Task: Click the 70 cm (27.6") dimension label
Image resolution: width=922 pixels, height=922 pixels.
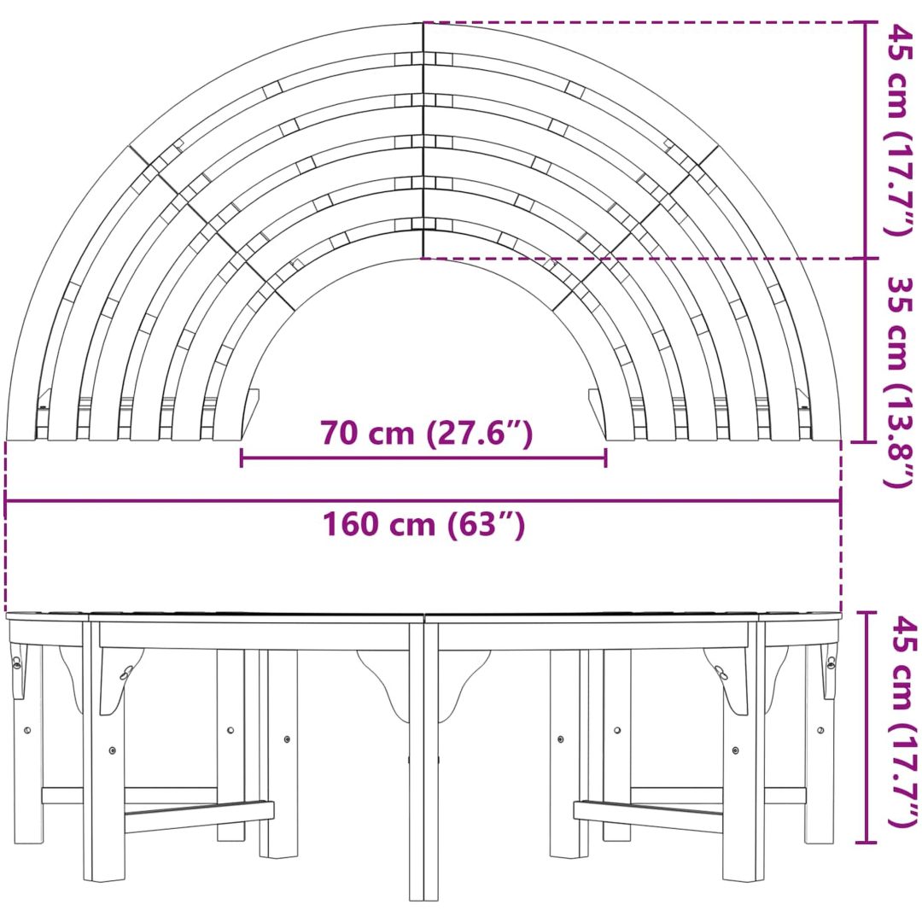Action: tap(426, 434)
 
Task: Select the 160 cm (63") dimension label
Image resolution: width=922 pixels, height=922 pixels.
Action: tap(423, 524)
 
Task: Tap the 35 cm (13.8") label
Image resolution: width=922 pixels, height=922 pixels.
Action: tap(900, 382)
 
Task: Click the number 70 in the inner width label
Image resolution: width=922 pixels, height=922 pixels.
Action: tap(338, 434)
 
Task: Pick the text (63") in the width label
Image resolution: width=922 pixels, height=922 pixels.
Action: tap(487, 524)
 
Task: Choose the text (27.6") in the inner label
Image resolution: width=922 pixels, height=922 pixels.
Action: tap(480, 434)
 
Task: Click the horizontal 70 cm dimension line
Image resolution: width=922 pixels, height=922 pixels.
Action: tap(423, 458)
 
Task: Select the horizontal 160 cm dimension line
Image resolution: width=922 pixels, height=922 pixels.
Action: tap(423, 501)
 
